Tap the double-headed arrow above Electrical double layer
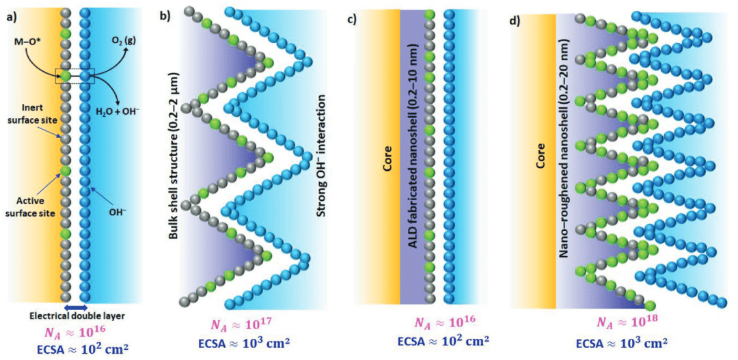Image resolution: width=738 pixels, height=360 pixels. tap(75, 308)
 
